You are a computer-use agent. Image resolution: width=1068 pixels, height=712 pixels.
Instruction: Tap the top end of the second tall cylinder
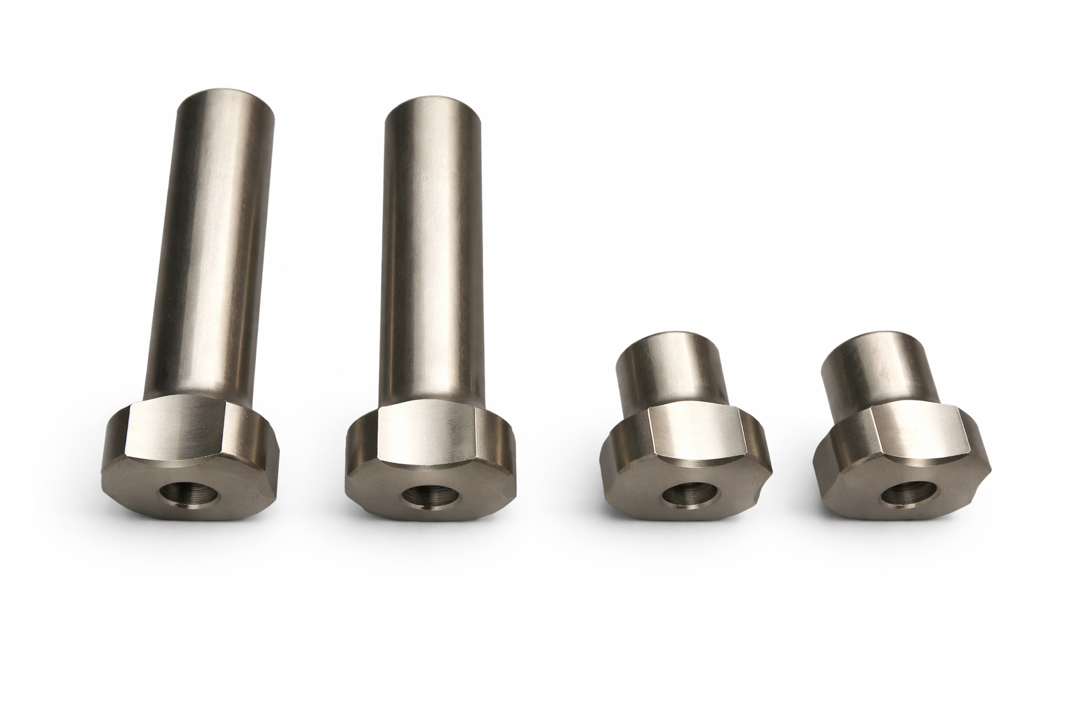(432, 110)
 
